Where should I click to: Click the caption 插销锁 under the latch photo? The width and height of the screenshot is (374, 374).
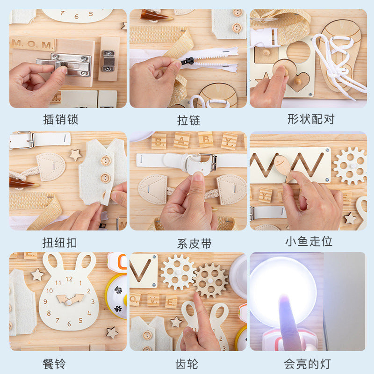[x=59, y=120]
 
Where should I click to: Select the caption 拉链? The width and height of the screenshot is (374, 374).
[x=188, y=120]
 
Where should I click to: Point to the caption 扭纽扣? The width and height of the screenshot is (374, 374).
[x=59, y=243]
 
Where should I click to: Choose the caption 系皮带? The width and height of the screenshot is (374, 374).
[x=188, y=243]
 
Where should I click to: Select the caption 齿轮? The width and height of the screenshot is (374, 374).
[x=188, y=363]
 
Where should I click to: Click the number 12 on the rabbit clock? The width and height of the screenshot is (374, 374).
[x=69, y=279]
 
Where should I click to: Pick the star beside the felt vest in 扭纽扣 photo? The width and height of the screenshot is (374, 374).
[x=75, y=154]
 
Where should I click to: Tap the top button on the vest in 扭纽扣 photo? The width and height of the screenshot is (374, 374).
[x=106, y=160]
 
